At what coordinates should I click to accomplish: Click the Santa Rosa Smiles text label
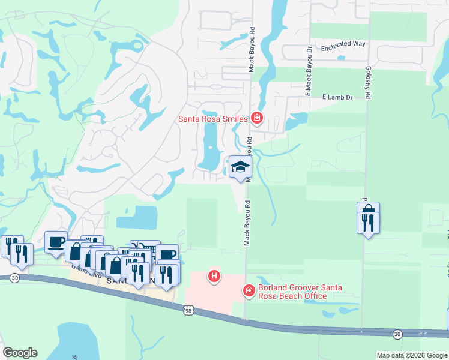[x=213, y=119]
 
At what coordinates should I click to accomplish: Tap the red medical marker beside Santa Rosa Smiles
[x=257, y=118]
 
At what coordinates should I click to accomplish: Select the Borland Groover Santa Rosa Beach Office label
[x=292, y=292]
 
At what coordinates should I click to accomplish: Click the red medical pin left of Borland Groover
[x=249, y=291]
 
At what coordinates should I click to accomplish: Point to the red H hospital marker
[x=213, y=277]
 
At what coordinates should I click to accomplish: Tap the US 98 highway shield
[x=188, y=308]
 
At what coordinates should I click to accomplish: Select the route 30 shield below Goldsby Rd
[x=397, y=334]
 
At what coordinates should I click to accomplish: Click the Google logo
[x=20, y=353]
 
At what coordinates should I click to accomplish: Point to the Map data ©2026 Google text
[x=411, y=355]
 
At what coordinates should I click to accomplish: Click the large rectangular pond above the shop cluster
[x=137, y=217]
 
